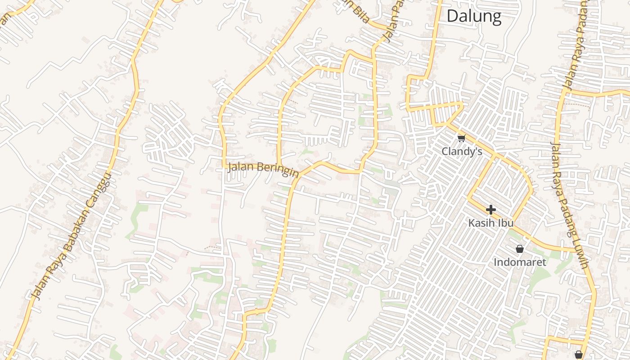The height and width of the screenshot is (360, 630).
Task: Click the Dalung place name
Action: (474, 17)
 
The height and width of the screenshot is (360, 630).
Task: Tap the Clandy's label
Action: (462, 152)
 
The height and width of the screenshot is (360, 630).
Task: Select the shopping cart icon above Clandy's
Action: (461, 138)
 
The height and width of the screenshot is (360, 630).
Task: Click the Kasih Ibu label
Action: (490, 223)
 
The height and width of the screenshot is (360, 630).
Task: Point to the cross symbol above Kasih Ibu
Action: (490, 210)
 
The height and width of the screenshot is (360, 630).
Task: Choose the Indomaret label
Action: (520, 262)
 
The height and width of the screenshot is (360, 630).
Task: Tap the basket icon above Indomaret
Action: (520, 249)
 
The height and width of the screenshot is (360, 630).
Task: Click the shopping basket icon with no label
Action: (579, 355)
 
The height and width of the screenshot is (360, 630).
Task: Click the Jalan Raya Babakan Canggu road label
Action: (72, 236)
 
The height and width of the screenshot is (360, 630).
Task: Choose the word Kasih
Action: (481, 223)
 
